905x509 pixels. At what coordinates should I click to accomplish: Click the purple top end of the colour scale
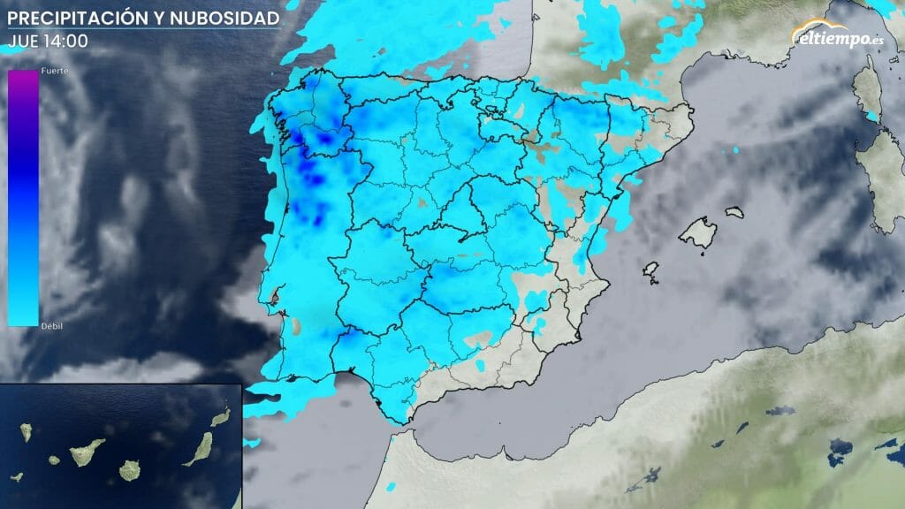23,80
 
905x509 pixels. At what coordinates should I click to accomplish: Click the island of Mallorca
697,233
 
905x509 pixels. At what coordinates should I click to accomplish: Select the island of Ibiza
652,271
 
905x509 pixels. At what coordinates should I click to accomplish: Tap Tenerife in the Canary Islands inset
87,452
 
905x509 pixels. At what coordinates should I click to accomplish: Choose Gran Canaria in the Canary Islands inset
131,468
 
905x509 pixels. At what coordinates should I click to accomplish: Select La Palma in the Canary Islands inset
27,432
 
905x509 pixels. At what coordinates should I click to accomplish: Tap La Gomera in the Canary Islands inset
55,460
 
